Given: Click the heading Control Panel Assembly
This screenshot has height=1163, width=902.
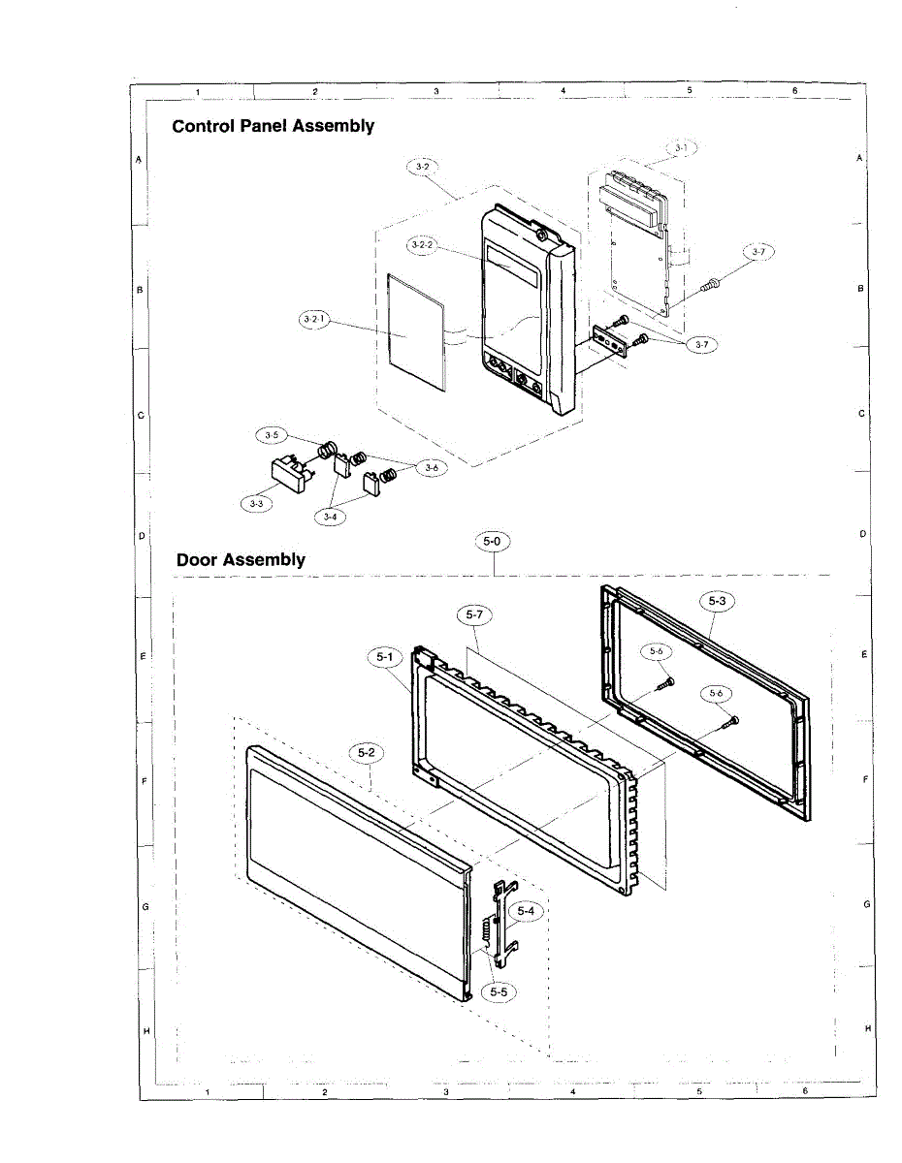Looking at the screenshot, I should [273, 126].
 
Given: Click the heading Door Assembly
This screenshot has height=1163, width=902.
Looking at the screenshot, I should [241, 559].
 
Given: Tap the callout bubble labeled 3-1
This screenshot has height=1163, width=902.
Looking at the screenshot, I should [681, 147].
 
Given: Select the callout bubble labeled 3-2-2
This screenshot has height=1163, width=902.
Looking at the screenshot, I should [423, 245].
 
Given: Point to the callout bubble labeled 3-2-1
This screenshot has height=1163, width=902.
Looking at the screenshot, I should [313, 318].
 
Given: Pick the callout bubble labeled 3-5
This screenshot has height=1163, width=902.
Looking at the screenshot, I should [271, 435].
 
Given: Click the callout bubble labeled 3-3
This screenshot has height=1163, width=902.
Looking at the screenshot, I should [257, 503].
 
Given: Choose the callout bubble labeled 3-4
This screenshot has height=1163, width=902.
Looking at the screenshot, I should [331, 517].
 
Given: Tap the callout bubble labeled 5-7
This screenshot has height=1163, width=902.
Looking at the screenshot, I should [474, 614].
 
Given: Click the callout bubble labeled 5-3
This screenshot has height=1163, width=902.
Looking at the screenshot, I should [717, 602].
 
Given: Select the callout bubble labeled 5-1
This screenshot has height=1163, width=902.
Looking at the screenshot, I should [384, 658].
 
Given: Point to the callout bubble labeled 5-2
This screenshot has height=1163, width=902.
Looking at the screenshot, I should [367, 752].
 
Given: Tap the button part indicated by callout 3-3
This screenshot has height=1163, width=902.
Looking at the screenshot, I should [287, 475].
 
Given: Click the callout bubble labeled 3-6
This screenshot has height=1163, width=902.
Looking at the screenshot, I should [432, 467].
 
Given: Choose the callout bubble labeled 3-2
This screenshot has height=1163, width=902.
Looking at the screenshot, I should [421, 167].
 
